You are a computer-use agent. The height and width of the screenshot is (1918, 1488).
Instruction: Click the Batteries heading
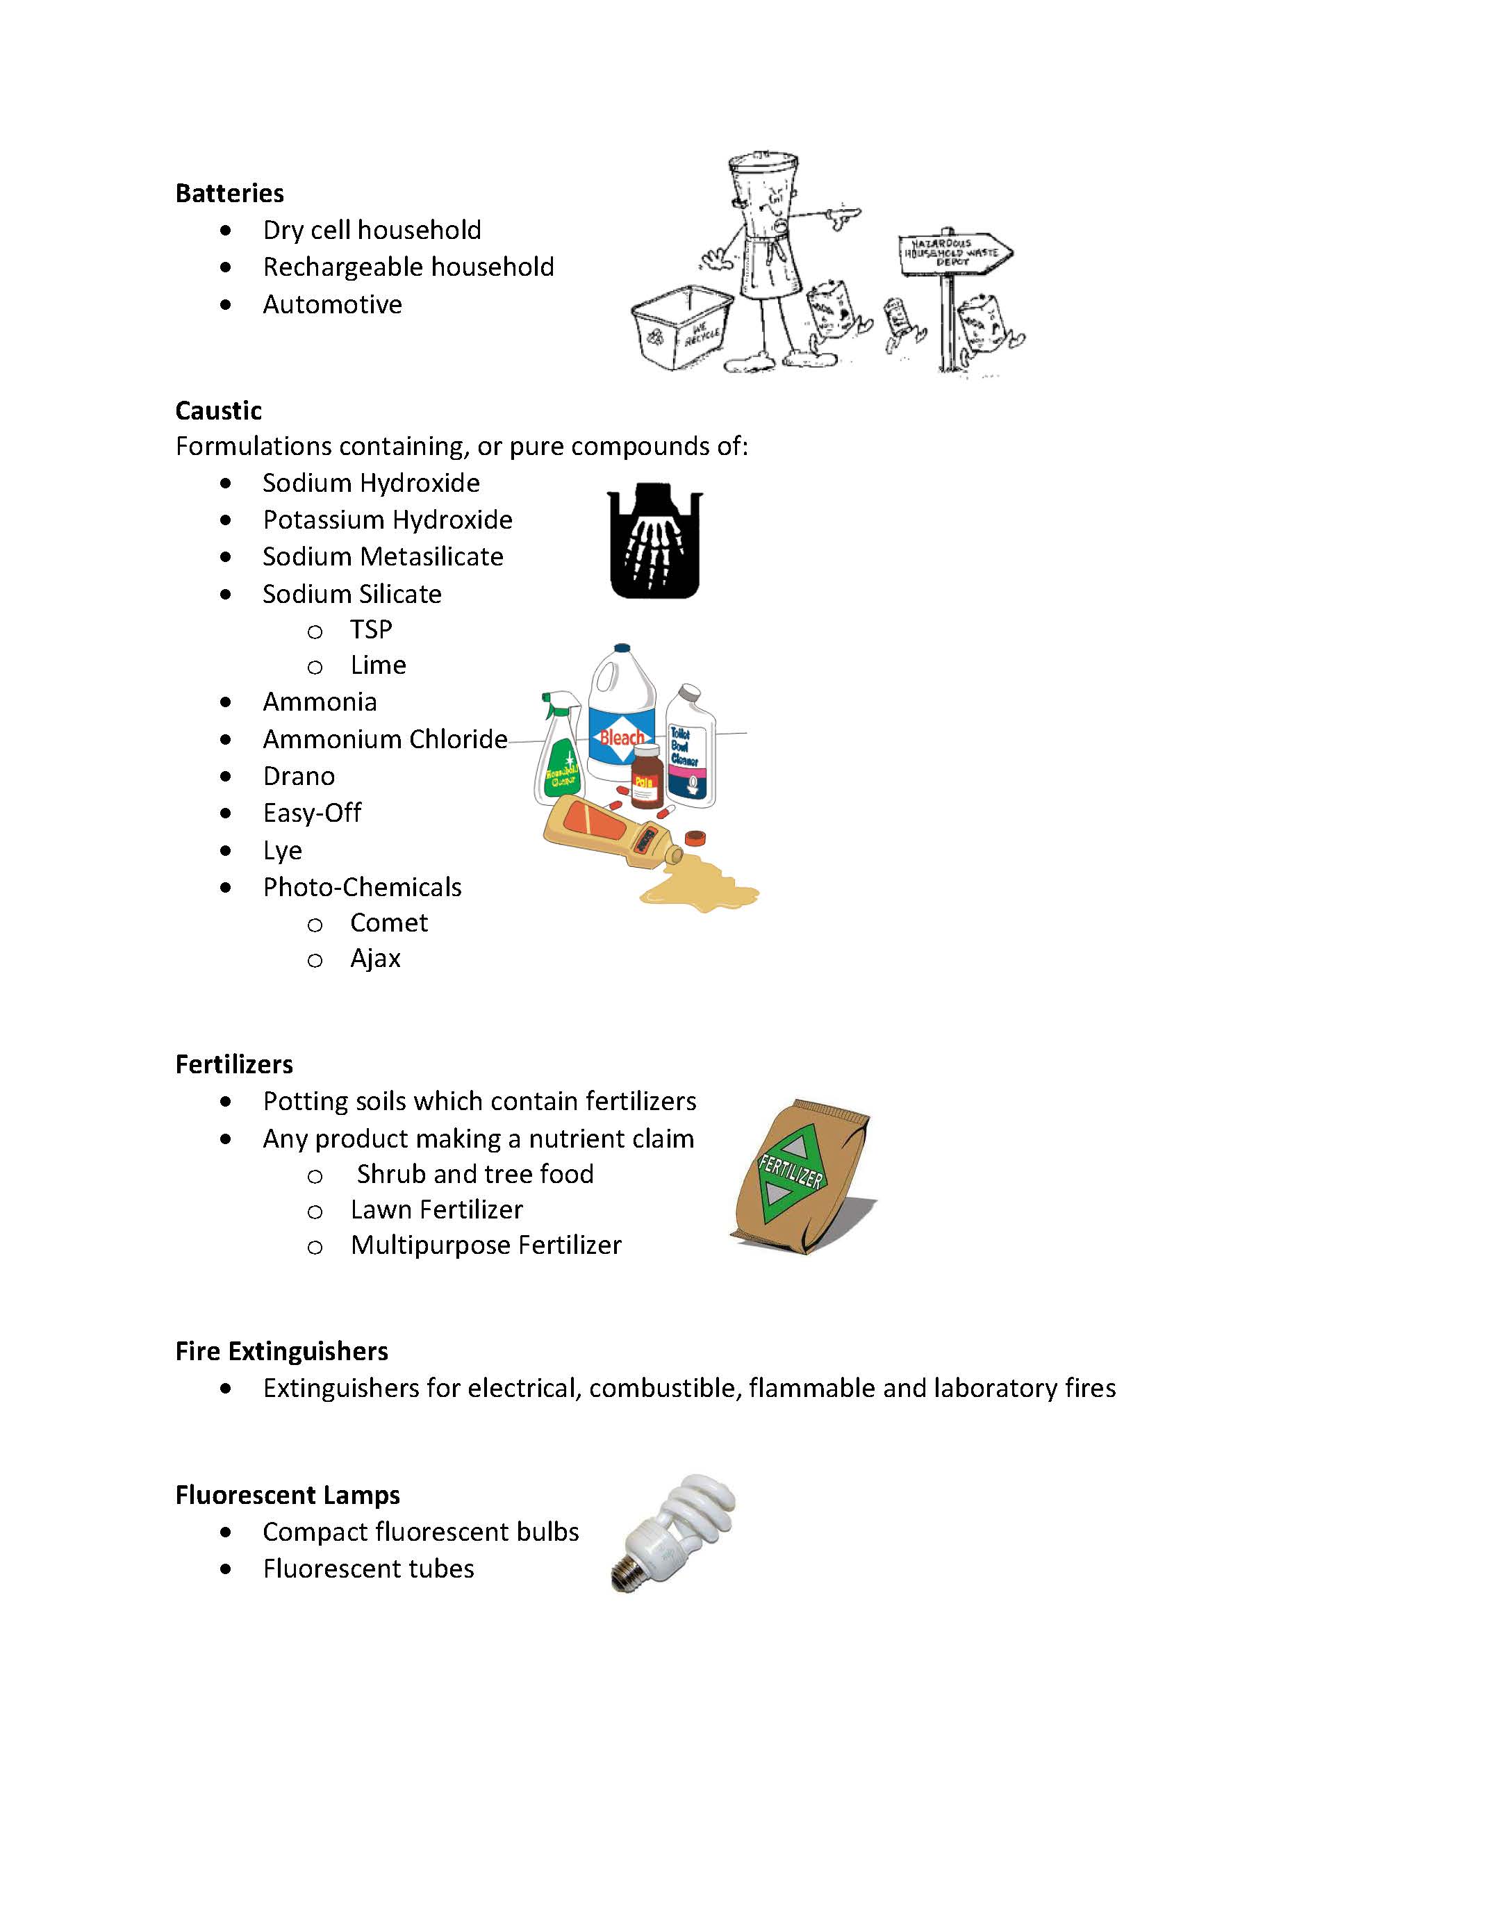[x=229, y=193]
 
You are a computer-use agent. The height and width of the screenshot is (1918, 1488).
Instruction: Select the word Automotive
[x=332, y=305]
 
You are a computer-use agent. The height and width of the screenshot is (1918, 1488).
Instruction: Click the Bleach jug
[x=622, y=716]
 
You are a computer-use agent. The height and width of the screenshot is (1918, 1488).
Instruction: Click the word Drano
[x=299, y=777]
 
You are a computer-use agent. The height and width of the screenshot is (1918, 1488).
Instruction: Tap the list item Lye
[x=282, y=851]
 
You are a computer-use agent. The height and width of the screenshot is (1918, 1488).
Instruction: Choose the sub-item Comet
[x=388, y=923]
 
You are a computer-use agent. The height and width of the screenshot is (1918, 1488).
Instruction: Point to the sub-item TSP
[x=371, y=629]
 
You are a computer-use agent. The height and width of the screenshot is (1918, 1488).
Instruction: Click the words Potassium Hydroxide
[x=388, y=520]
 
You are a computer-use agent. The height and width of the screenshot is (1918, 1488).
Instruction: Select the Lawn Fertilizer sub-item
[x=436, y=1210]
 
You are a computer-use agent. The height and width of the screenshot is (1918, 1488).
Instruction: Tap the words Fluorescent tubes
[x=368, y=1569]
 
